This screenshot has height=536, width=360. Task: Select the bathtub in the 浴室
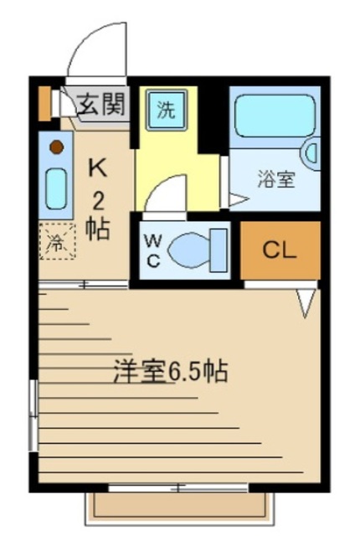[x=273, y=116]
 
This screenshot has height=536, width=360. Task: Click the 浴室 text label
[x=275, y=178]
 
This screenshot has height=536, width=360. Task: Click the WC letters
[x=154, y=249]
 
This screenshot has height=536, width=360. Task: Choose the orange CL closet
[x=280, y=250]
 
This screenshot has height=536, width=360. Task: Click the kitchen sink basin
[x=56, y=189]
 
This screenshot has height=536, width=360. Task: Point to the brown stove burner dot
[x=56, y=148]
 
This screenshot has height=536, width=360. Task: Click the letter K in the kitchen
[x=98, y=167]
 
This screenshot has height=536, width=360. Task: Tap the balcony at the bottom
[x=180, y=506]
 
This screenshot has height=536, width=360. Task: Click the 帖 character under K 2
[x=98, y=228]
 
